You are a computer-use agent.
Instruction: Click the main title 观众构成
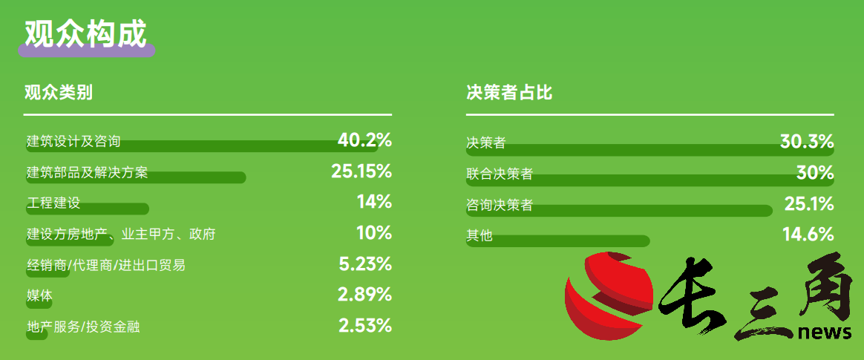[x=85, y=34]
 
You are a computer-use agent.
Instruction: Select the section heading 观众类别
[x=59, y=93]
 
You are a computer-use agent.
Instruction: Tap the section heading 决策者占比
[x=508, y=93]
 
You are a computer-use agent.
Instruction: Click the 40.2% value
[x=364, y=140]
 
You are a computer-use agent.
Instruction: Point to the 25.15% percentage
[x=361, y=171]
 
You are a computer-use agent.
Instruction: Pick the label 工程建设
[x=53, y=203]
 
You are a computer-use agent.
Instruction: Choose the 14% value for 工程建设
[x=374, y=202]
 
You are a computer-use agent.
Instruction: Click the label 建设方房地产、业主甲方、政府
[x=121, y=235]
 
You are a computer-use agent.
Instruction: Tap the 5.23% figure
[x=365, y=264]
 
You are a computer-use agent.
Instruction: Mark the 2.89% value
[x=364, y=295]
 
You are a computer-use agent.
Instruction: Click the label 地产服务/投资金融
[x=83, y=327]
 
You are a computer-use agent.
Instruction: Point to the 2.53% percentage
[x=364, y=326]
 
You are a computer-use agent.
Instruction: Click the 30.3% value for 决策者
[x=807, y=142]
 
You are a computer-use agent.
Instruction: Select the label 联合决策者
[x=500, y=174]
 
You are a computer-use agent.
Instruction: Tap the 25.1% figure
[x=809, y=205]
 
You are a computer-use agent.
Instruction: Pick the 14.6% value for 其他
[x=808, y=235]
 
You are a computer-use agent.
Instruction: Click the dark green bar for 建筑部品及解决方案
[x=136, y=177]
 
